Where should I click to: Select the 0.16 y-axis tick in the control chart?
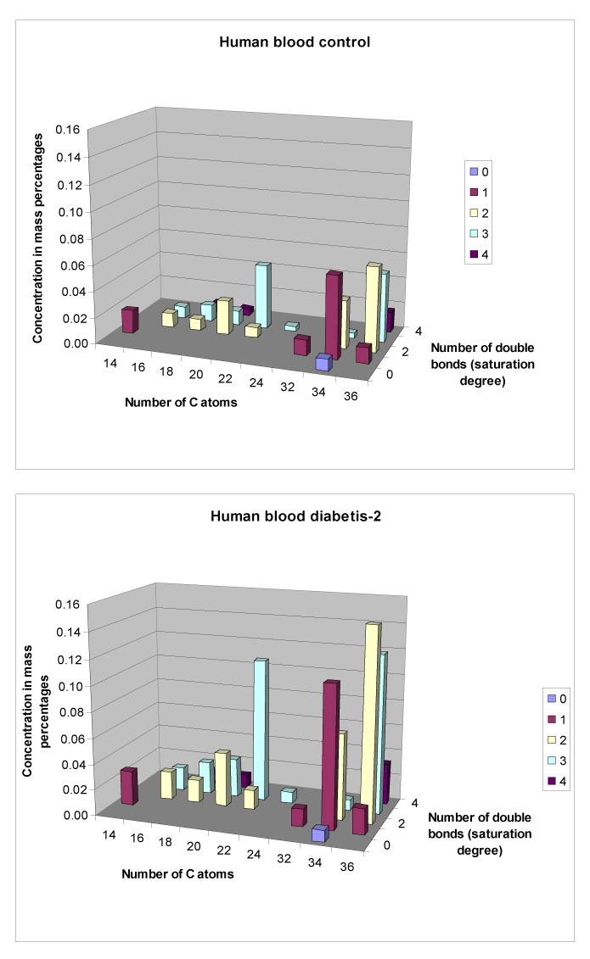(68, 130)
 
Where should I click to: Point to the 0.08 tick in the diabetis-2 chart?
(68, 711)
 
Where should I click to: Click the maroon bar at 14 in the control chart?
(128, 320)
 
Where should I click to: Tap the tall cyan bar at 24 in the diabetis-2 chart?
(261, 729)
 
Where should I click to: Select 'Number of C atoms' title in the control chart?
(180, 402)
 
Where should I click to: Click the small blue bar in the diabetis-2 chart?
(319, 834)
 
